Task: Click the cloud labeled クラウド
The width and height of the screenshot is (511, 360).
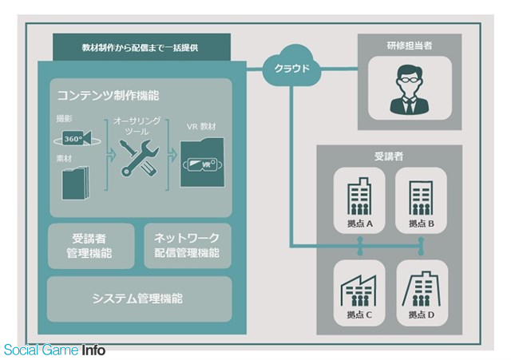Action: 291,66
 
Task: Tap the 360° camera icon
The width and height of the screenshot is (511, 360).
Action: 77,138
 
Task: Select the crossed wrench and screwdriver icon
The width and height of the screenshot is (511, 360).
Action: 139,158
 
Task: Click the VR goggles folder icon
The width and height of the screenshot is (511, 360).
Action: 202,163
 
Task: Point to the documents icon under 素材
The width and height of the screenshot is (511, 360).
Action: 76,183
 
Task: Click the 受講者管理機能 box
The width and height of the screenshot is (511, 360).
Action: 91,246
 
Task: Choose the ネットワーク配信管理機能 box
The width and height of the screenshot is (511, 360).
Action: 188,246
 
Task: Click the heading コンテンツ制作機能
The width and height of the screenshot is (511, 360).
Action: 109,96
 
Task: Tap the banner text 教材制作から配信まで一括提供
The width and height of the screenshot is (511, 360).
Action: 141,48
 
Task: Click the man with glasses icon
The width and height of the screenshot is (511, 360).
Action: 410,89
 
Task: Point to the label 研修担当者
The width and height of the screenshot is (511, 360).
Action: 410,45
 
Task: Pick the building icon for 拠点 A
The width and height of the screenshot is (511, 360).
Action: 359,196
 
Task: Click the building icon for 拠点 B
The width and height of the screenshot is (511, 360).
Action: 421,197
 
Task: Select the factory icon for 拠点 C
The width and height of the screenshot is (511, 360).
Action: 358,290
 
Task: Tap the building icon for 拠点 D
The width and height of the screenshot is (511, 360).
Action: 421,289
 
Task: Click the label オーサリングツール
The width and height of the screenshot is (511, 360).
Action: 137,126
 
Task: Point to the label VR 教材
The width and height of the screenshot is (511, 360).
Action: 201,127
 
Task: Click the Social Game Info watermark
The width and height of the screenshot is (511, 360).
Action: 54,350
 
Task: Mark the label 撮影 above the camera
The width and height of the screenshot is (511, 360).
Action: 64,119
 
